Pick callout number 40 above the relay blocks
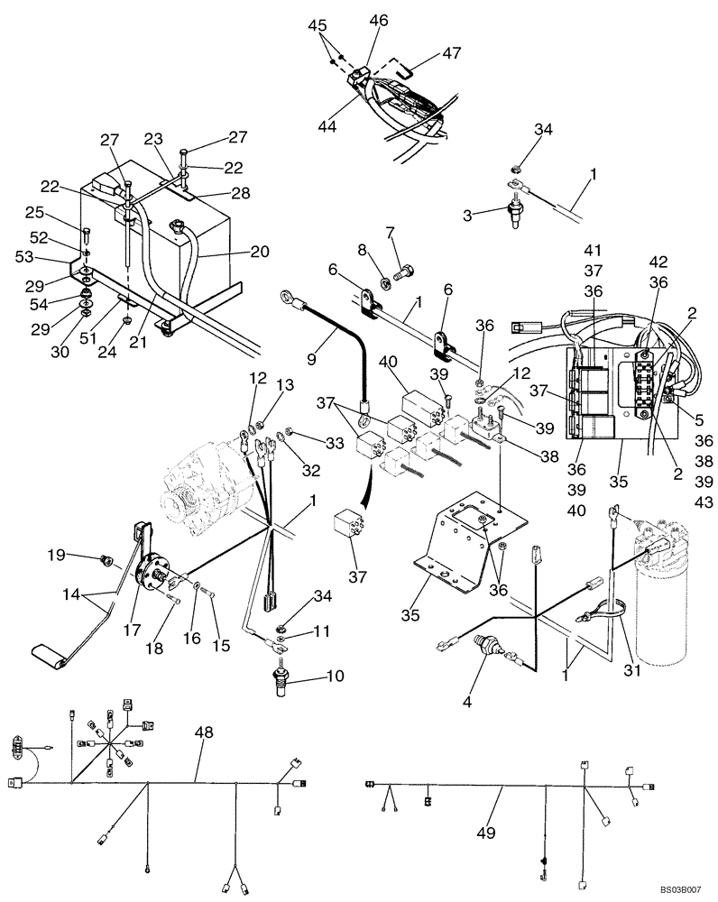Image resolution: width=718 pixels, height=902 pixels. coord(388,361)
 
